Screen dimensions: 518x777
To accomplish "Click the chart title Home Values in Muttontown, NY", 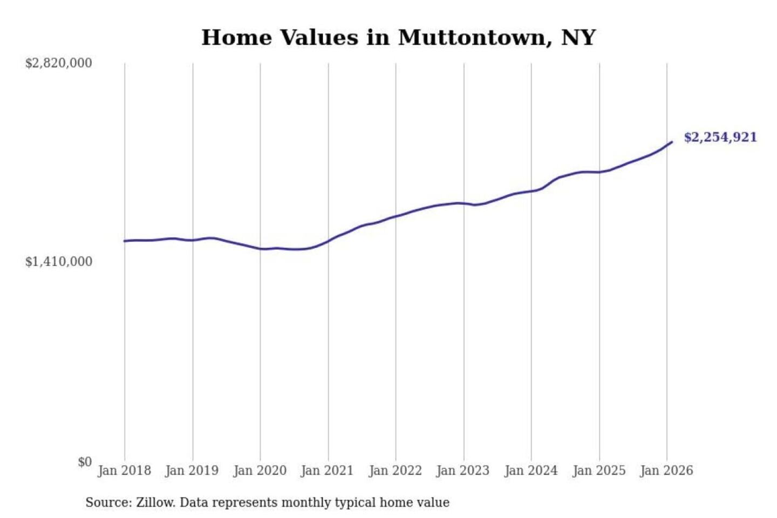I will pyautogui.click(x=398, y=38).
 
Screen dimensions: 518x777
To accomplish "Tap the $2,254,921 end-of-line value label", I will pyautogui.click(x=720, y=137).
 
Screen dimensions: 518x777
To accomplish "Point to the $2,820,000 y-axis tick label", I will pyautogui.click(x=59, y=63).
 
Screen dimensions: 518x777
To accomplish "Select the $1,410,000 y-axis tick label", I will pyautogui.click(x=59, y=262).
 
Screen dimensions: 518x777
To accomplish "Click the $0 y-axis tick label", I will pyautogui.click(x=85, y=462).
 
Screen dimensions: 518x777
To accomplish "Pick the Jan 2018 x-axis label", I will pyautogui.click(x=124, y=471).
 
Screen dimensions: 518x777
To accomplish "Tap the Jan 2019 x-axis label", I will pyautogui.click(x=192, y=471).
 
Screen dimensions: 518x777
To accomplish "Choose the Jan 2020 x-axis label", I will pyautogui.click(x=260, y=471).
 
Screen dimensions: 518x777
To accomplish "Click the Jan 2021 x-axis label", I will pyautogui.click(x=327, y=471).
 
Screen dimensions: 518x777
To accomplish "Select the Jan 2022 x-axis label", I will pyautogui.click(x=395, y=471).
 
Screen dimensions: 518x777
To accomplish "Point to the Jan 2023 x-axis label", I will pyautogui.click(x=463, y=471).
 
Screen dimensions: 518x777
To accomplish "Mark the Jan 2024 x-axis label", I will pyautogui.click(x=531, y=471).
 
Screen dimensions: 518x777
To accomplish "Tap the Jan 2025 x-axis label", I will pyautogui.click(x=599, y=471).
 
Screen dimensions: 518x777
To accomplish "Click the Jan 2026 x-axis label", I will pyautogui.click(x=666, y=471).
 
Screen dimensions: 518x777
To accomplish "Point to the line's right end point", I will pyautogui.click(x=672, y=142).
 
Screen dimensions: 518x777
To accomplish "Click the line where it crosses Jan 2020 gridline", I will pyautogui.click(x=260, y=249).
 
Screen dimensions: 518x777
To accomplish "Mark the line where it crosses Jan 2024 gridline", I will pyautogui.click(x=531, y=191).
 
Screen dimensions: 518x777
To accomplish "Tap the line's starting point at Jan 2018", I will pyautogui.click(x=125, y=241).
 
